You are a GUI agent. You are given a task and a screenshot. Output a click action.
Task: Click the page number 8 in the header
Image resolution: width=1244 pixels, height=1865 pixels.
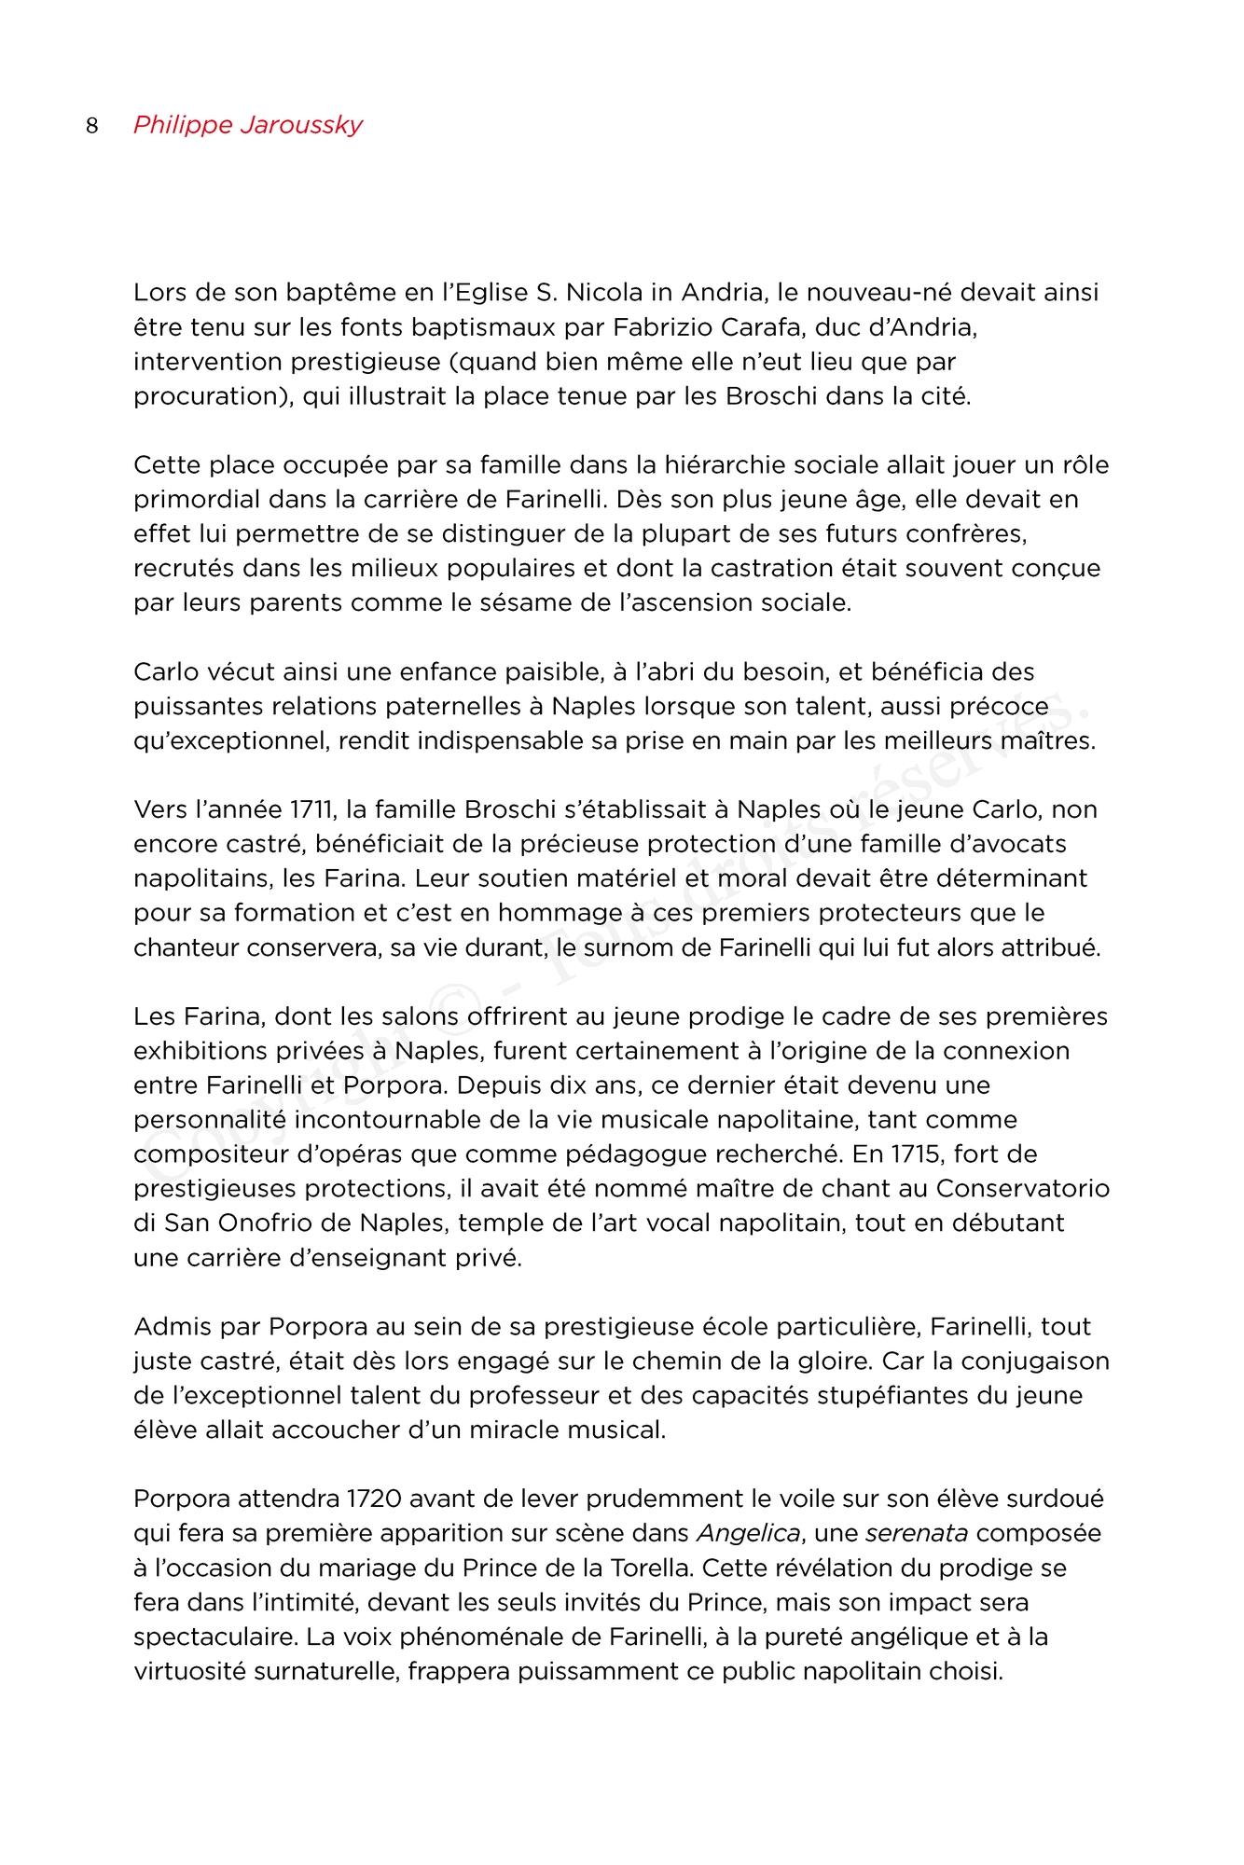[91, 126]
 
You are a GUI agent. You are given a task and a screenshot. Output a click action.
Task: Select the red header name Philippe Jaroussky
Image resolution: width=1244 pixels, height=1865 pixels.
[247, 125]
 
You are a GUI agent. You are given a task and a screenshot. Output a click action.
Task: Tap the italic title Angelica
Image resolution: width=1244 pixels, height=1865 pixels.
[748, 1534]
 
